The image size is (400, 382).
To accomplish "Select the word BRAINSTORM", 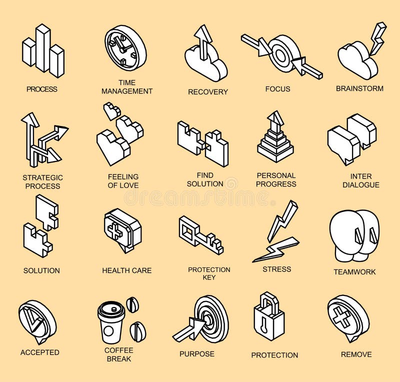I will pos(359,88).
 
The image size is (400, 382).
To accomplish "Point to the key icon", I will pos(200,235).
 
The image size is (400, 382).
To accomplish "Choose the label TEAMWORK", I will pos(354,272).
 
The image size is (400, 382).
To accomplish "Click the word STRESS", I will pos(276,269).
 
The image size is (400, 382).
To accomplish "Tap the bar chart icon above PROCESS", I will pos(43,50).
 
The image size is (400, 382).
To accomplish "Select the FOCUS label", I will pos(277,89).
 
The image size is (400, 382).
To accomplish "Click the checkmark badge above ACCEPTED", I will pos(37,321).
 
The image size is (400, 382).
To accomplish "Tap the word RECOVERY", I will pos(207,91).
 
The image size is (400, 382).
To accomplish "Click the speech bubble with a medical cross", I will pos(121,230).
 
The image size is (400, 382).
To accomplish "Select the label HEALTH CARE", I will pos(126,270).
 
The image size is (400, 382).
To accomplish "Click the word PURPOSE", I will pos(197,353).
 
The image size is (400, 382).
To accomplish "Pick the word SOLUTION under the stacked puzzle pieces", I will pos(41,270).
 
